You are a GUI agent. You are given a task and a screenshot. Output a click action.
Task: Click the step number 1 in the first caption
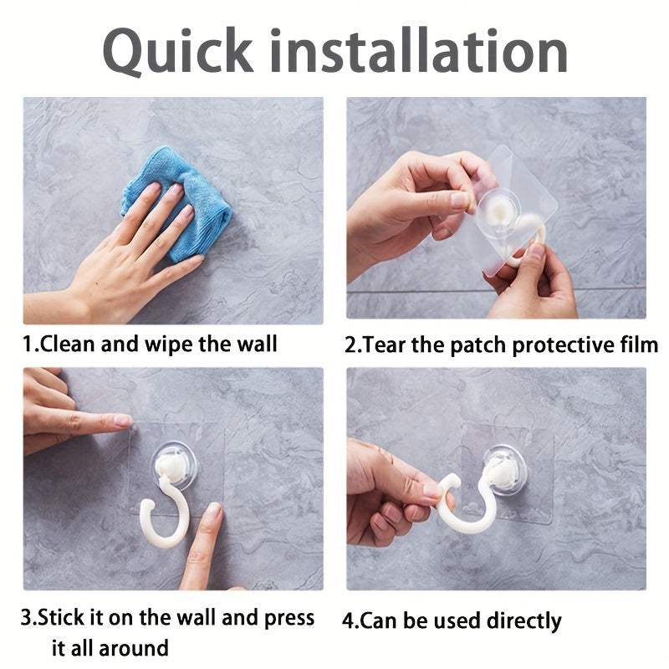[28, 344]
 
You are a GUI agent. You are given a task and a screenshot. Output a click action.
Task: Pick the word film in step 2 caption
[637, 345]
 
